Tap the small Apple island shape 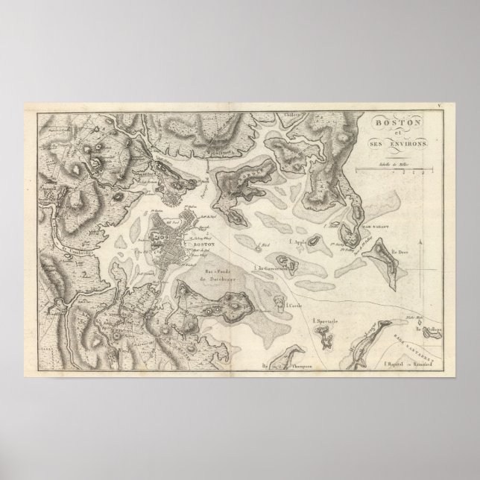pyautogui.click(x=316, y=240)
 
